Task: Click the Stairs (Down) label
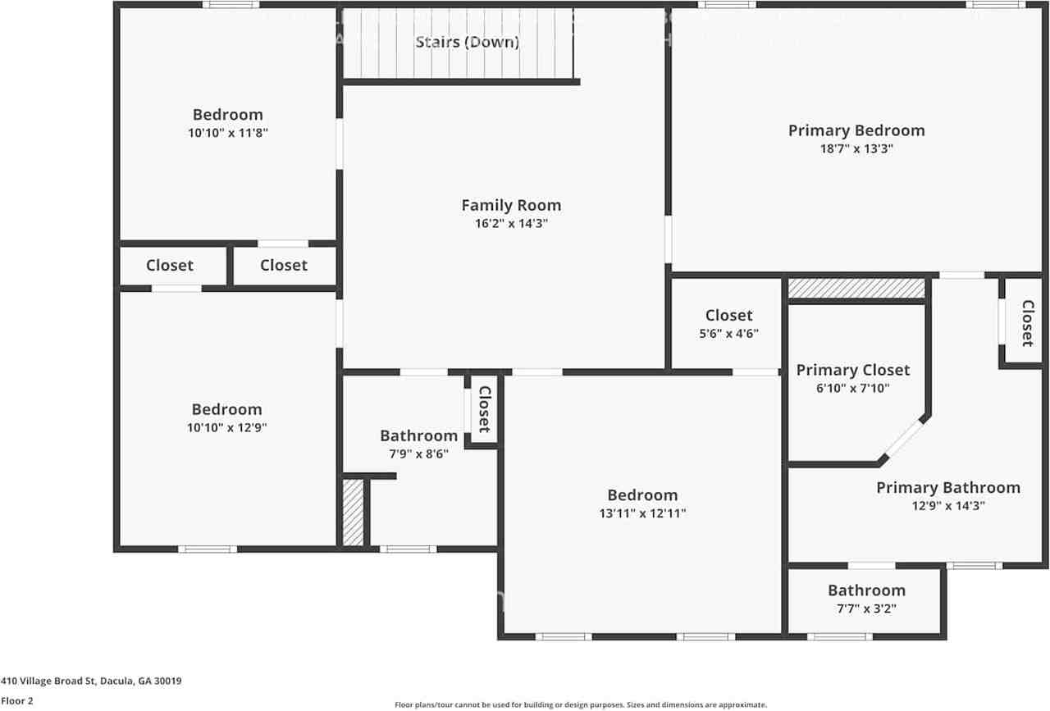(x=467, y=42)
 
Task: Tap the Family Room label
(x=511, y=206)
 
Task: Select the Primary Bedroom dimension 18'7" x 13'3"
(x=856, y=149)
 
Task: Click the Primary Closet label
(x=853, y=370)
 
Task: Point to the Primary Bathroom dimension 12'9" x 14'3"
(x=948, y=506)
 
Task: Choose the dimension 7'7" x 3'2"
(x=866, y=608)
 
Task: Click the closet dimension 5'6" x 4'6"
(x=728, y=334)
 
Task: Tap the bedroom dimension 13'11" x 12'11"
(x=642, y=513)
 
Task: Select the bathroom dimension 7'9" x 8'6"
(x=418, y=453)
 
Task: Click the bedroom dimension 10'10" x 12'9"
(x=227, y=427)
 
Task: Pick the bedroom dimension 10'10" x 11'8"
(x=228, y=132)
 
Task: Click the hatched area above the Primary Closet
(x=856, y=289)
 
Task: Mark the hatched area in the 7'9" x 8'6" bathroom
(x=353, y=513)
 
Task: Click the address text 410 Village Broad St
(x=91, y=681)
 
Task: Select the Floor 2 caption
(x=17, y=701)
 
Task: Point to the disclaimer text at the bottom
(x=581, y=704)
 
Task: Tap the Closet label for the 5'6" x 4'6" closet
(x=728, y=315)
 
